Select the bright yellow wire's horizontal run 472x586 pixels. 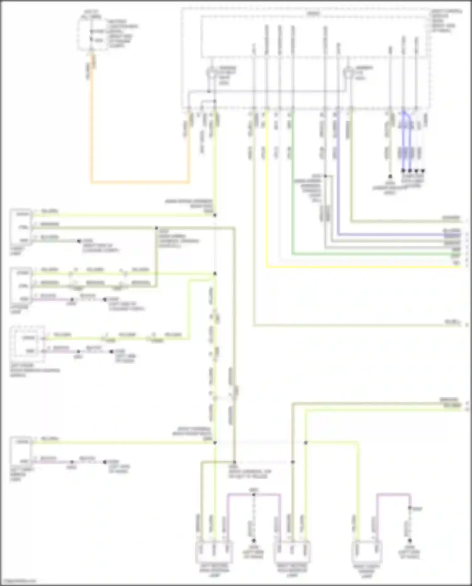(362, 267)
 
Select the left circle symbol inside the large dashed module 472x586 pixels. (211, 73)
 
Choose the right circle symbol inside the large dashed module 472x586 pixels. (348, 73)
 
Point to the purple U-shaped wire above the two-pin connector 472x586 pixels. (393, 495)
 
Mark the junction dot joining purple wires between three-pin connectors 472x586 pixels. (254, 495)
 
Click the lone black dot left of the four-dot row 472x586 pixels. (390, 176)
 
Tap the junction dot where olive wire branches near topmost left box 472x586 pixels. (156, 228)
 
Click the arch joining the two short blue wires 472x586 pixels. (407, 114)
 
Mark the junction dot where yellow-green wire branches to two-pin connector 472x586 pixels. (306, 443)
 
